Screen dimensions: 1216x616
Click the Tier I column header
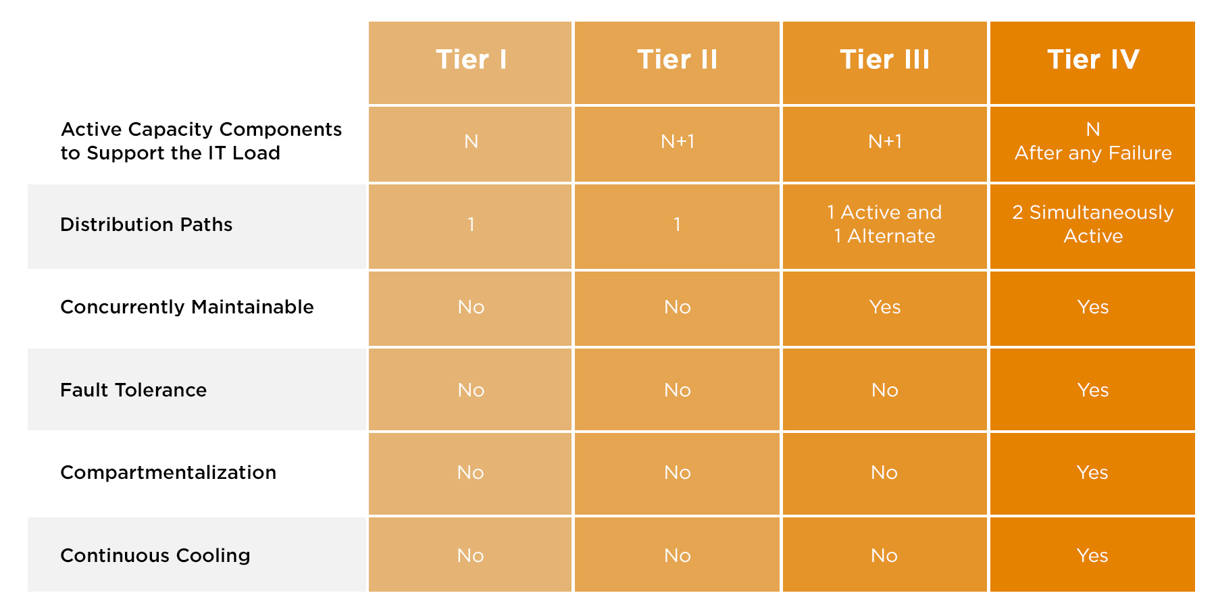tap(471, 59)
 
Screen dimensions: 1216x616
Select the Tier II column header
tap(678, 59)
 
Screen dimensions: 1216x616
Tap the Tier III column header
tap(885, 59)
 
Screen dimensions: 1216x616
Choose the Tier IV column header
tap(1093, 59)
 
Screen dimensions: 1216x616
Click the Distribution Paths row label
tap(146, 224)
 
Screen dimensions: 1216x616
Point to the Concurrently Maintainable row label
tap(187, 307)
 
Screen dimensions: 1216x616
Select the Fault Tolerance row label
tap(133, 390)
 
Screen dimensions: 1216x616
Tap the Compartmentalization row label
tap(168, 472)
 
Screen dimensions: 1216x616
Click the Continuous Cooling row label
tap(155, 555)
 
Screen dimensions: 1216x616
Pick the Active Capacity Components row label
tap(201, 141)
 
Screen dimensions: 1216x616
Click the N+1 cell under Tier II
tap(678, 141)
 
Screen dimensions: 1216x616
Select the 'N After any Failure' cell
tap(1093, 141)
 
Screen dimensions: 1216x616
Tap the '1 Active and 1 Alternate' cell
tap(885, 224)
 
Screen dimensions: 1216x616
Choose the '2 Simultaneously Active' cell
tap(1093, 224)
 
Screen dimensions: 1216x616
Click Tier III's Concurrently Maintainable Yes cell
tap(885, 307)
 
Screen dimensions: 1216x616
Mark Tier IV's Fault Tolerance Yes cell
tap(1093, 390)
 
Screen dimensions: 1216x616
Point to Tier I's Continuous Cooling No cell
tap(471, 555)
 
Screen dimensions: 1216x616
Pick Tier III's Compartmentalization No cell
tap(885, 472)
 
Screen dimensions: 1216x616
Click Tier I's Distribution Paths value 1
tap(471, 224)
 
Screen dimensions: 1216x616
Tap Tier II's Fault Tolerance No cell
tap(678, 390)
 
